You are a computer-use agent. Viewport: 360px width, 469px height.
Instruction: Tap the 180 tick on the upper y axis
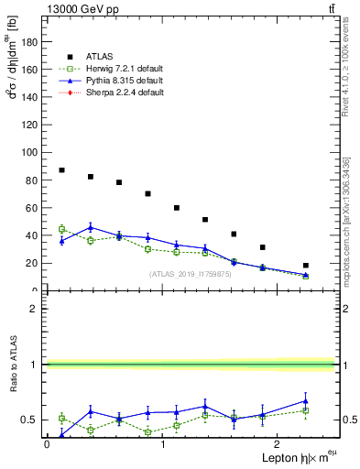click(x=34, y=41)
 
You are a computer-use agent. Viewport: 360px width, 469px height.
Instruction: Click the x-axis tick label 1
click(x=162, y=444)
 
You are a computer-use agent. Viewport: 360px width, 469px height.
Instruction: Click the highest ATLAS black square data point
click(x=61, y=170)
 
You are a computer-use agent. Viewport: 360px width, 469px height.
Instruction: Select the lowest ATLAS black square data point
click(x=306, y=266)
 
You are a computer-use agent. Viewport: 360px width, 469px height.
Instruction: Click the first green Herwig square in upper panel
click(x=61, y=229)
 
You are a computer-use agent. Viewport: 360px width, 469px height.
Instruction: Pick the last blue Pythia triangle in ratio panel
click(x=306, y=400)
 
